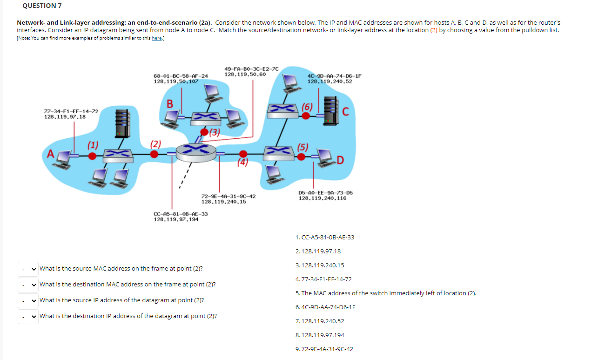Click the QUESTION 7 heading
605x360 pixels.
coord(42,6)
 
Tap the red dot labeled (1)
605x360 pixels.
coord(93,156)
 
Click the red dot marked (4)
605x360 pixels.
coord(242,154)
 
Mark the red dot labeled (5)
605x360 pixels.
coord(302,157)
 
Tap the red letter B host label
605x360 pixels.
coord(170,104)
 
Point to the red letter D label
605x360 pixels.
coord(341,161)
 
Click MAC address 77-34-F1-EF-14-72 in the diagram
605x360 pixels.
coord(71,111)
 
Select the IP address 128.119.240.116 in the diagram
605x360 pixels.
coord(322,198)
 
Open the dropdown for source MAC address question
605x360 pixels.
coord(28,269)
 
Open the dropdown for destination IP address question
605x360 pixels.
coord(28,316)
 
